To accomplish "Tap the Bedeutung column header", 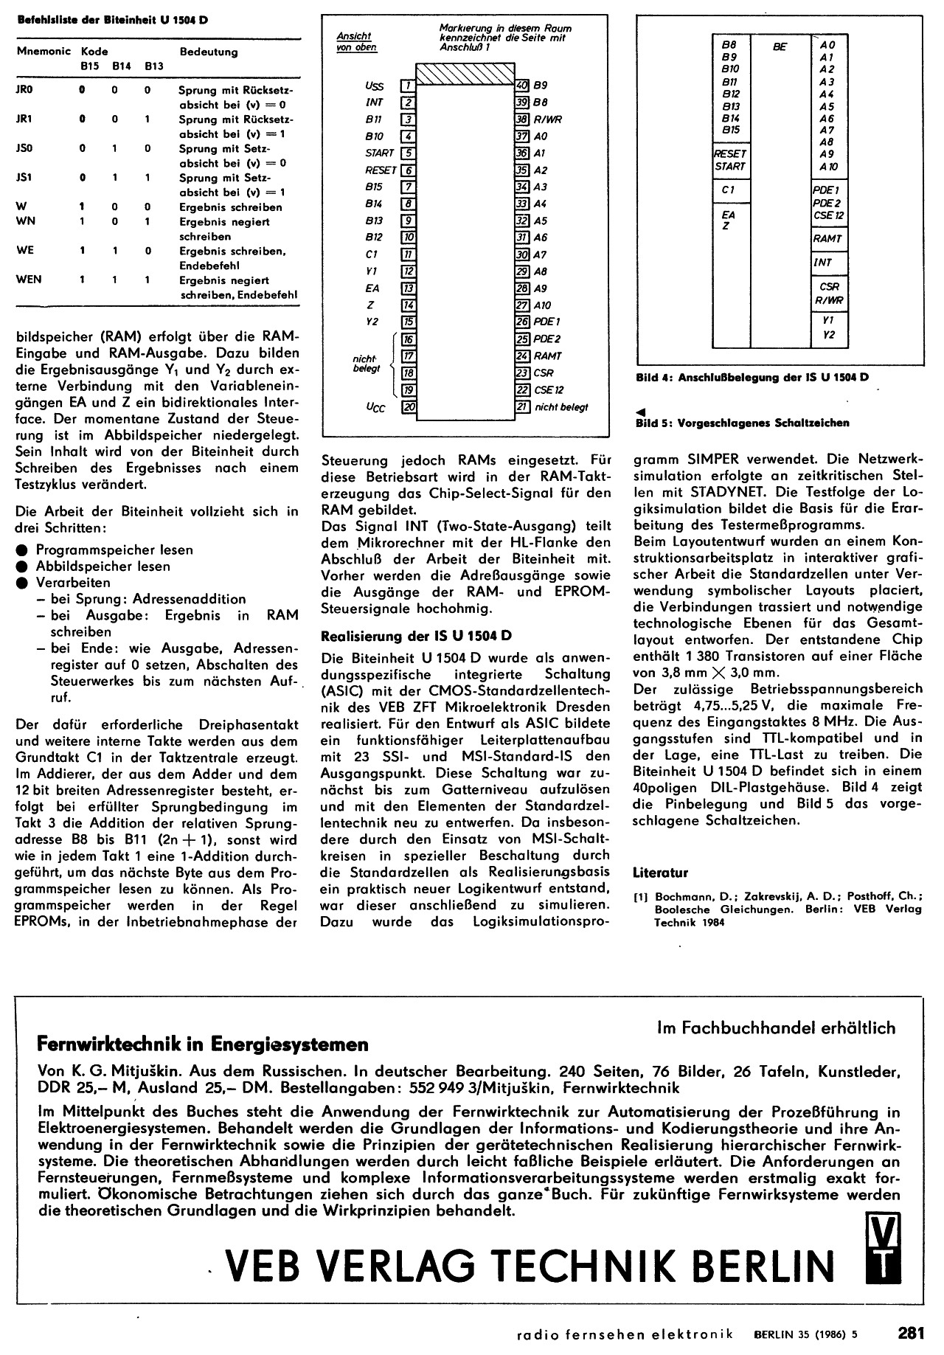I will (209, 52).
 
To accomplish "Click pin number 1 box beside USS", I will (407, 86).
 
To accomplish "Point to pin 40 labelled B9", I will (522, 86).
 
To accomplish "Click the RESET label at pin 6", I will (381, 170).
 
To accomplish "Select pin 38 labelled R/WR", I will (522, 119).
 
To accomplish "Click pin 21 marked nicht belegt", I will (522, 406).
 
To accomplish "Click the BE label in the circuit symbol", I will (780, 46).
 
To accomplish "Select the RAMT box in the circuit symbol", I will (827, 239).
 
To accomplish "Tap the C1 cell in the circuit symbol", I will (729, 190).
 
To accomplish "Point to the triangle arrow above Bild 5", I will (641, 412).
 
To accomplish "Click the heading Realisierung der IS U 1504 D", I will (417, 635).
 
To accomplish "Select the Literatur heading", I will (660, 873).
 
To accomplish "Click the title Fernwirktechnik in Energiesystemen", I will (202, 1044).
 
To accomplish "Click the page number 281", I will (911, 1333).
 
